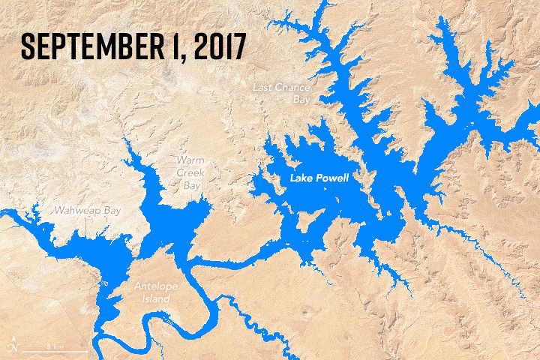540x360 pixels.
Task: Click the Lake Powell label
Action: (321, 178)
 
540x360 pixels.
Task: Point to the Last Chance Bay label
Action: (281, 93)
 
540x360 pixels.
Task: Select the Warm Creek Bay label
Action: (190, 172)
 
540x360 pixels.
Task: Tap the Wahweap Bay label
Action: (87, 211)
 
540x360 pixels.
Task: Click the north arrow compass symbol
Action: (14, 348)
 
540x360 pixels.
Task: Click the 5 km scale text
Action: (53, 346)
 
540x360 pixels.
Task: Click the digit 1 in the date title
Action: (175, 46)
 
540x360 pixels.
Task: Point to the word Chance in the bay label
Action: (292, 88)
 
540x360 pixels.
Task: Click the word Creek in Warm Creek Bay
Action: (190, 172)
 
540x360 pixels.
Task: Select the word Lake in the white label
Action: (301, 178)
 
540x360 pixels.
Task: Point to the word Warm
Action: (190, 160)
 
